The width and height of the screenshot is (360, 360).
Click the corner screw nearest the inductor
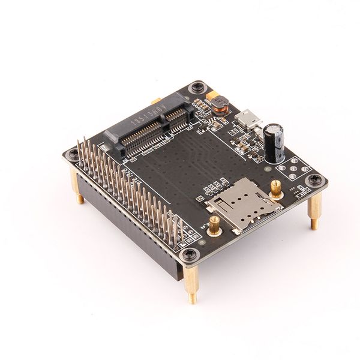pos(196,89)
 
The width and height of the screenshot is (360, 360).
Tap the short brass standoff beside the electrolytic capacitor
pos(274,187)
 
